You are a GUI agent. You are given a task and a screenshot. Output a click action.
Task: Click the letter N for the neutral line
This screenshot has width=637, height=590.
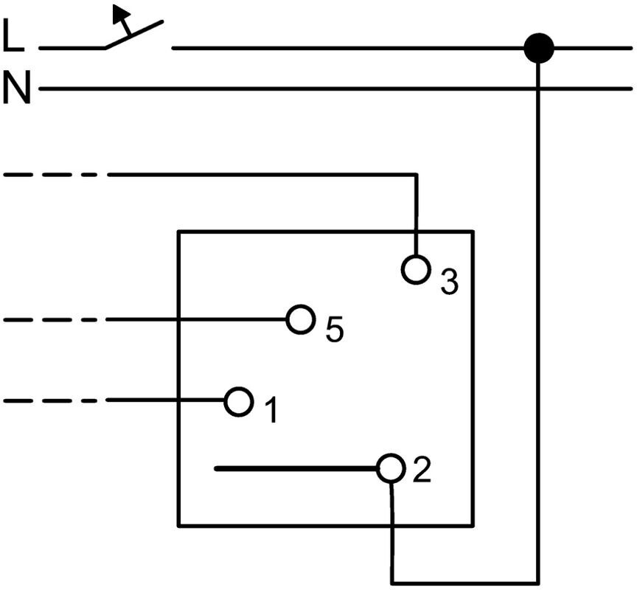16,88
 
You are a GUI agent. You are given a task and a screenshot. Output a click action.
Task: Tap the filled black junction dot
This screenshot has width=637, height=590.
538,48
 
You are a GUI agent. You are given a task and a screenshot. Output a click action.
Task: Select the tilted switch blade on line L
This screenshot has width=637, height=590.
133,35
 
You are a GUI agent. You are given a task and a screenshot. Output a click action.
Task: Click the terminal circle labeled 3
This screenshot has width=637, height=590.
416,269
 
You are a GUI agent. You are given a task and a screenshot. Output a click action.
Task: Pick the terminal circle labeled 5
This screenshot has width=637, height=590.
299,320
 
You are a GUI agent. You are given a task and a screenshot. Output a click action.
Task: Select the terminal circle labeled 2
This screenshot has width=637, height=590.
391,468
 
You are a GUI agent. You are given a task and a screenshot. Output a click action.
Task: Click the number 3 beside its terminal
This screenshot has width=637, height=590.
449,281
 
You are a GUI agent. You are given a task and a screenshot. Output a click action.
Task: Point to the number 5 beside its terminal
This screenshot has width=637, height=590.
334,330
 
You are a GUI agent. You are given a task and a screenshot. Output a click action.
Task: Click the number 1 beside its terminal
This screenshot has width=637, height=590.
271,411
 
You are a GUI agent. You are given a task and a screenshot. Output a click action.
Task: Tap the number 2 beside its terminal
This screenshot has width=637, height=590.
421,471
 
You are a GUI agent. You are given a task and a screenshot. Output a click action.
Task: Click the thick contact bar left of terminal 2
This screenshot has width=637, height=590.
295,468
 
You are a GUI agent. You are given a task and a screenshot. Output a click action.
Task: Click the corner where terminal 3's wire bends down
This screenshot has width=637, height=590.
417,175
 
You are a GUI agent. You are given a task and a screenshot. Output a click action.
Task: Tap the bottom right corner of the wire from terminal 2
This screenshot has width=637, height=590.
537,580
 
